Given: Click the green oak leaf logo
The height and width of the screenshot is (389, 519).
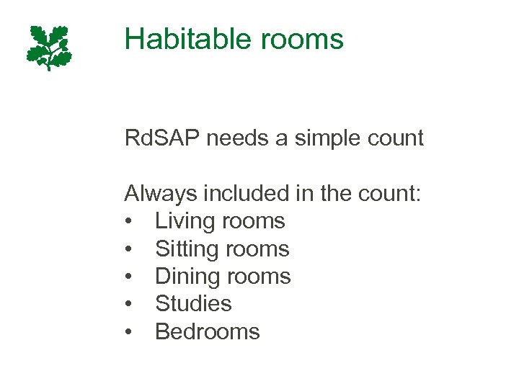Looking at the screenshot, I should pyautogui.click(x=50, y=47).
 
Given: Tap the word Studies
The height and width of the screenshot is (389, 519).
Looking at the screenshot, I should pyautogui.click(x=193, y=304).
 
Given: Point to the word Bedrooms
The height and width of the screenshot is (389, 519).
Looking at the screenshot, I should pyautogui.click(x=208, y=331).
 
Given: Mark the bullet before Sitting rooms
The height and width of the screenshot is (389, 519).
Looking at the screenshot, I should pyautogui.click(x=128, y=249).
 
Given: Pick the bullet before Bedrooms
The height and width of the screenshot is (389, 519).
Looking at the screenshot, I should pyautogui.click(x=128, y=332).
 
